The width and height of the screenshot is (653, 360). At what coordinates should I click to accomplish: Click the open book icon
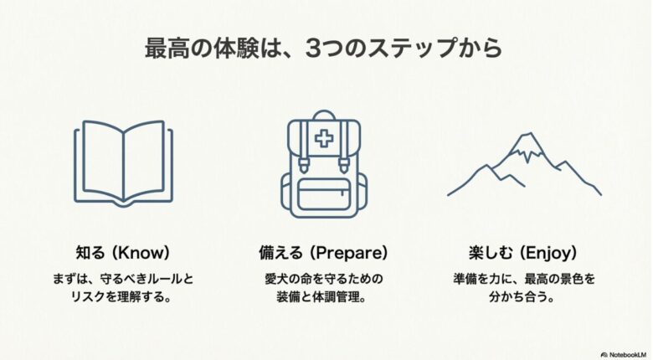(x=123, y=163)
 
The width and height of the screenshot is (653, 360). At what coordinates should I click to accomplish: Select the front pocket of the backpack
(x=325, y=192)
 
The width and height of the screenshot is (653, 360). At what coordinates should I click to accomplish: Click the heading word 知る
(x=90, y=252)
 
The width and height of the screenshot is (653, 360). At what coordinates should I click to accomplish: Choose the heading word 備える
(x=285, y=252)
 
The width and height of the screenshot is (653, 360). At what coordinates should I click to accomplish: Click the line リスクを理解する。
(x=123, y=297)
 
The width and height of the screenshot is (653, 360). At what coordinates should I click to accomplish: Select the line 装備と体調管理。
(x=325, y=297)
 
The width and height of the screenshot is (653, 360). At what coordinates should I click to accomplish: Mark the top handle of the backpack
(x=325, y=119)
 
